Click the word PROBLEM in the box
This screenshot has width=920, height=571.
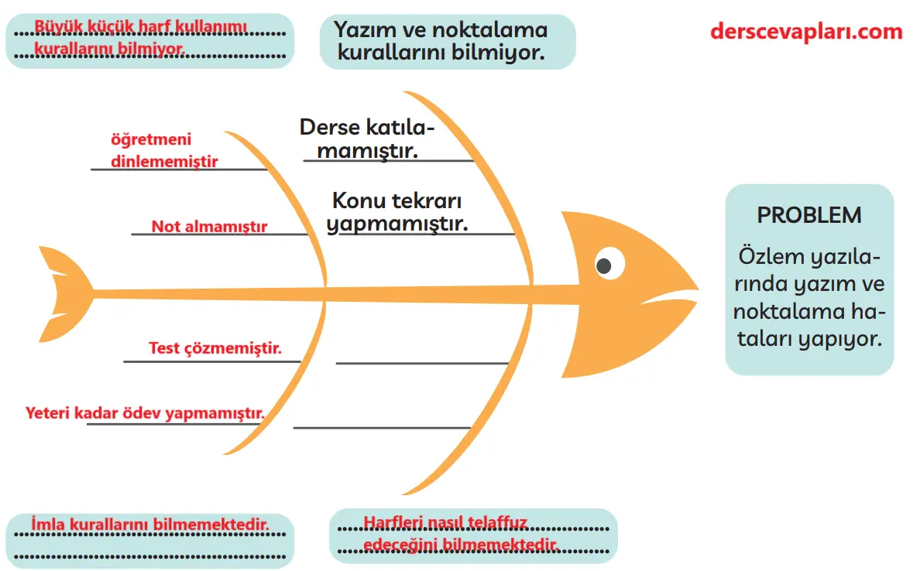[809, 215]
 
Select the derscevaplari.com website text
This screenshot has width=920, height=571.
[806, 32]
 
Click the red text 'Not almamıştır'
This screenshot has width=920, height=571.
[209, 227]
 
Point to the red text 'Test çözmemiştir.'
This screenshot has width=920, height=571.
[215, 348]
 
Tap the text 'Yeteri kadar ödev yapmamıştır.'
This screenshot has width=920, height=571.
[146, 412]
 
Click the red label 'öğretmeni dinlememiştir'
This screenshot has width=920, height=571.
[163, 151]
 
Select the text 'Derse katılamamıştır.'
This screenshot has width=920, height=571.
[367, 138]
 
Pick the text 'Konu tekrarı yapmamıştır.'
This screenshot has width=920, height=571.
[397, 212]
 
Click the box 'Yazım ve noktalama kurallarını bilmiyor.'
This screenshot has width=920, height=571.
[447, 42]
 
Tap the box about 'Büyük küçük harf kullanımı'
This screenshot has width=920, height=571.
[149, 39]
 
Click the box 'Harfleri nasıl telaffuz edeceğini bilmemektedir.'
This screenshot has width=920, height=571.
[473, 535]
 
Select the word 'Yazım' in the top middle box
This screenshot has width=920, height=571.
[362, 30]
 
